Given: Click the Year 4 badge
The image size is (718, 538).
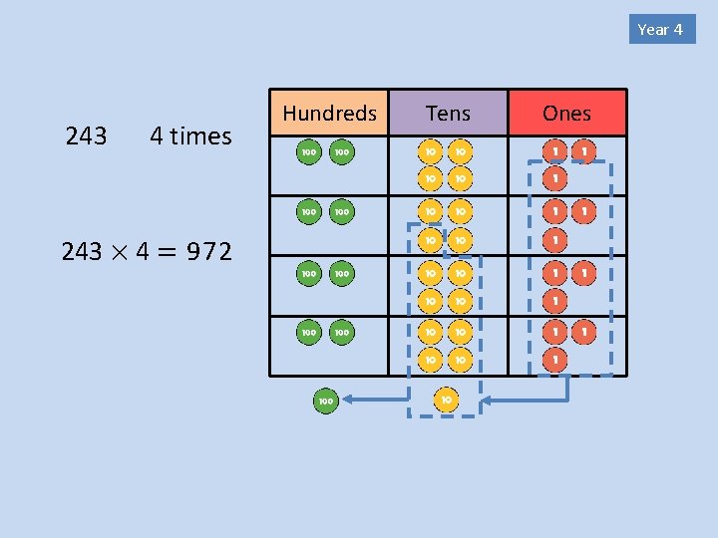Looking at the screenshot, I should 660,29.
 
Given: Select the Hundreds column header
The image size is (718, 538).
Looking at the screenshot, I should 329,114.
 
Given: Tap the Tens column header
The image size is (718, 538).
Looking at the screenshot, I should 448,114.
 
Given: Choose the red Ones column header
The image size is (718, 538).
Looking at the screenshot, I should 566,114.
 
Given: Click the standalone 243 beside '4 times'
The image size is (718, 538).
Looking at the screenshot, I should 86,136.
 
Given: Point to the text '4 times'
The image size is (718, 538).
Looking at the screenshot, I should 189,136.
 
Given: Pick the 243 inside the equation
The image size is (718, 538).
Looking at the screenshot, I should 82,252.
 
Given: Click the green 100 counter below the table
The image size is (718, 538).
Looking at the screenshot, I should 325,401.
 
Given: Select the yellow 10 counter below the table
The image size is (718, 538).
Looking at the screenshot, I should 446,401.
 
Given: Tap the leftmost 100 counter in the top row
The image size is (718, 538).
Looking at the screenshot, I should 308,152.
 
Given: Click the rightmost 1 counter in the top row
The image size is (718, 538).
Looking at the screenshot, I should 584,152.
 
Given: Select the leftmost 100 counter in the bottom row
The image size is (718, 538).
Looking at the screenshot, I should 308,332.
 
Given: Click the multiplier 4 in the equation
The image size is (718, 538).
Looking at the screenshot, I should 143,252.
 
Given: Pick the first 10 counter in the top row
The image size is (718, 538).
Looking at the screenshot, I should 430,152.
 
